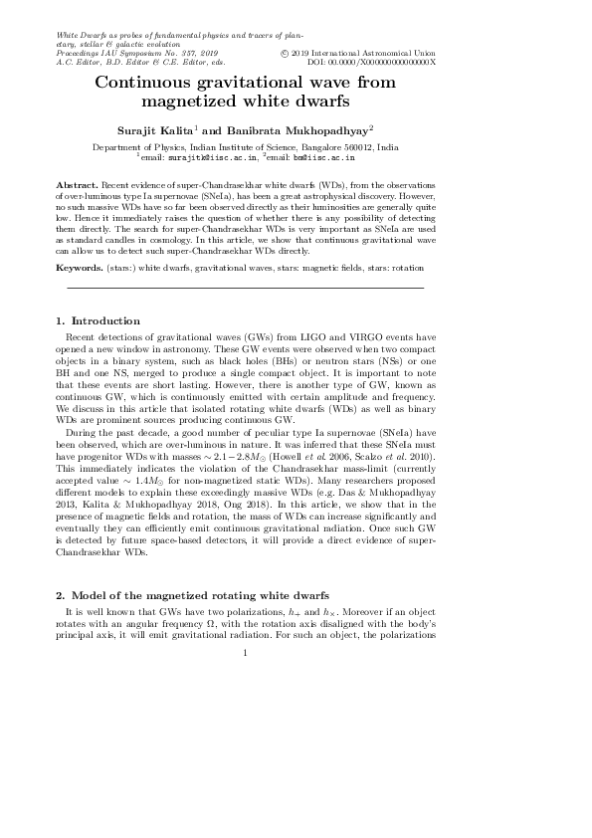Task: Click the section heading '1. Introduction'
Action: (x=99, y=320)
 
